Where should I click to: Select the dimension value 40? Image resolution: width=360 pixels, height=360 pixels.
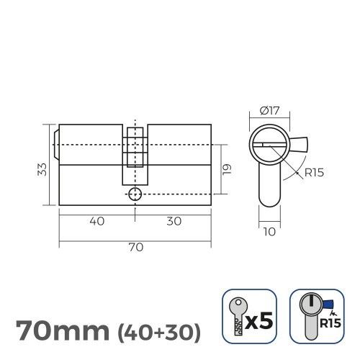pos(96,221)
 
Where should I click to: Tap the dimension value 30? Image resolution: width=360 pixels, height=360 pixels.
pos(174,221)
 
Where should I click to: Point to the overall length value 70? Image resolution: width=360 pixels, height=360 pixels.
pos(135,247)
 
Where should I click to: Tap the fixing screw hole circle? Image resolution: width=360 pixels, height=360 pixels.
pos(135,194)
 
